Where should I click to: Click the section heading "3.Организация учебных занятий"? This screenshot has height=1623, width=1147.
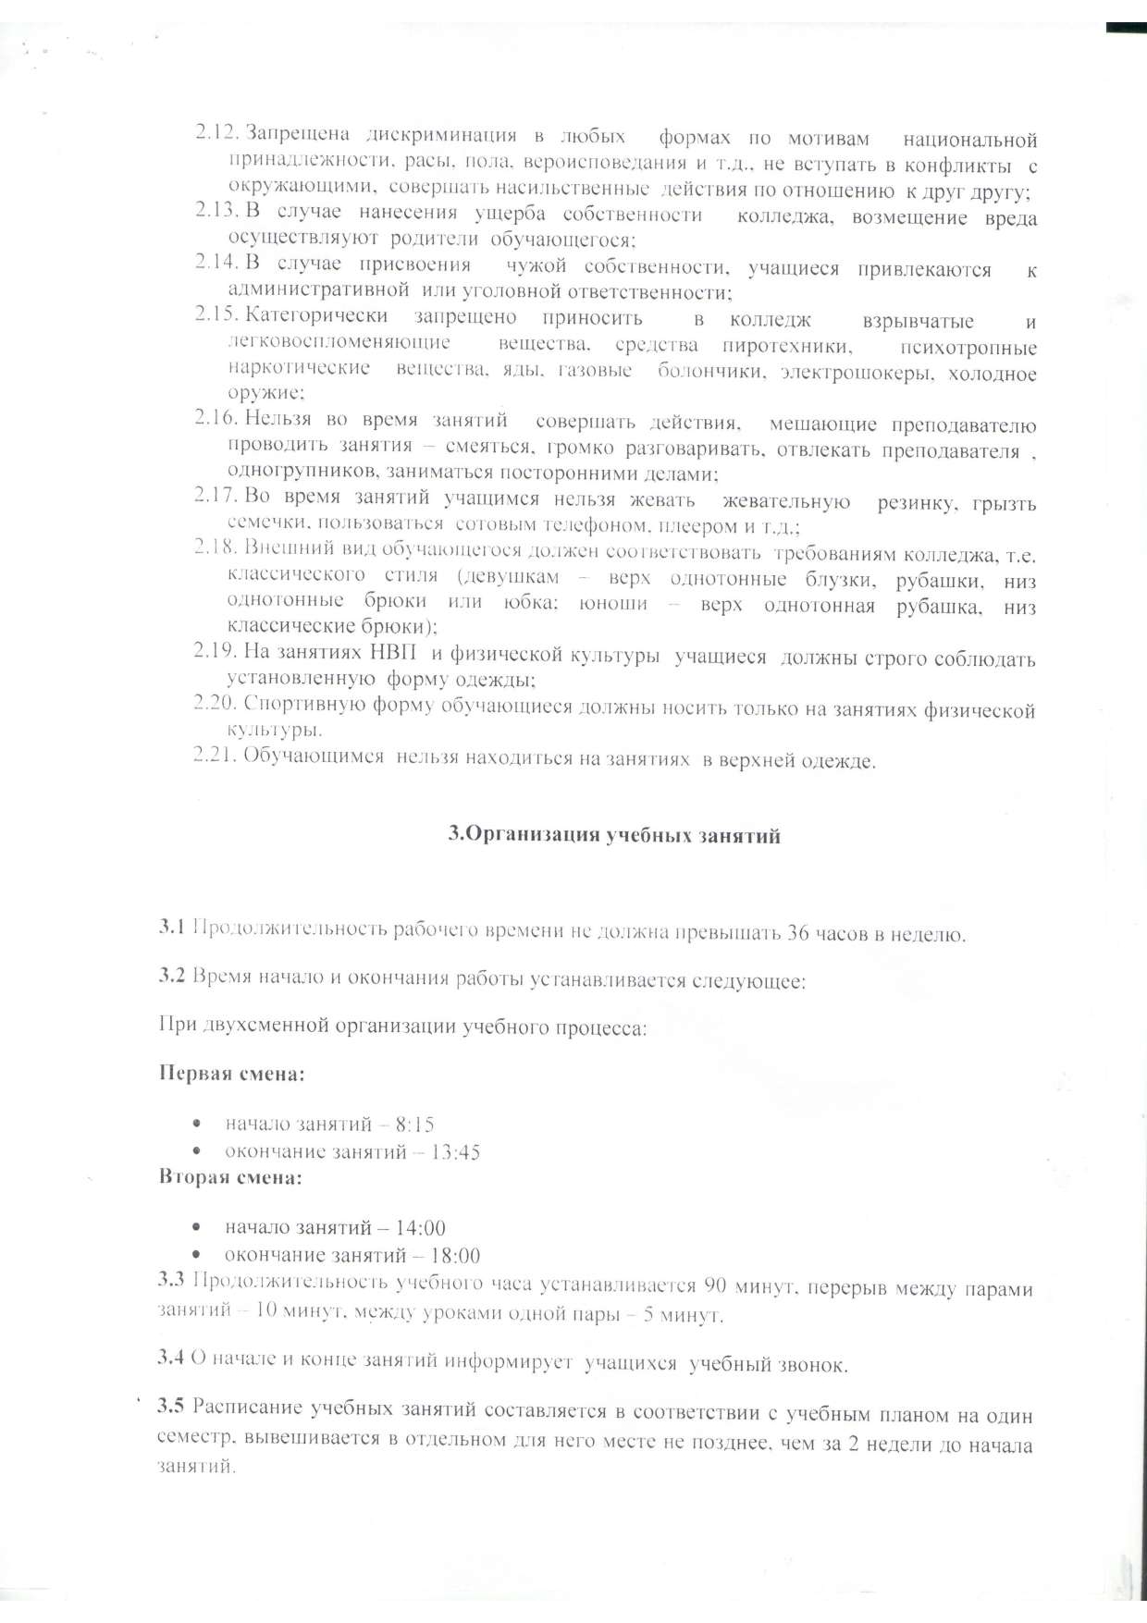point(614,835)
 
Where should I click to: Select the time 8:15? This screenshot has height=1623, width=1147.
point(414,1125)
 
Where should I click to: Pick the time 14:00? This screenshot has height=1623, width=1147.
point(420,1228)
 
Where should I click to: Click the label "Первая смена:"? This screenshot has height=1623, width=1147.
point(231,1074)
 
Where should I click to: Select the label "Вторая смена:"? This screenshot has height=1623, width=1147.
point(230,1178)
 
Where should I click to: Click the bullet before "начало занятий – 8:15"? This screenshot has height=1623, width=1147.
point(196,1125)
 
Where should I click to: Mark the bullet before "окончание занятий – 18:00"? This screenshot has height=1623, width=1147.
point(196,1255)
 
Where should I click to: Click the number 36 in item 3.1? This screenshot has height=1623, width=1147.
point(798,933)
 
